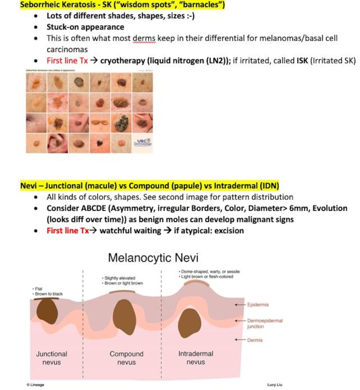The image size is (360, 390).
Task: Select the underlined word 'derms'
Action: pyautogui.click(x=144, y=39)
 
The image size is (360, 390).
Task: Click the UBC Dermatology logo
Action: pyautogui.click(x=143, y=142)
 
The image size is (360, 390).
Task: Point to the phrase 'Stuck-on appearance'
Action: pyautogui.click(x=85, y=27)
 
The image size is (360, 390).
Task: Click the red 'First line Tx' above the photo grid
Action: pyautogui.click(x=67, y=60)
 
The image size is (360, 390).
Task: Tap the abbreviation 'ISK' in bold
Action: pyautogui.click(x=302, y=60)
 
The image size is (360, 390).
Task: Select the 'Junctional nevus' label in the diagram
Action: pyautogui.click(x=52, y=357)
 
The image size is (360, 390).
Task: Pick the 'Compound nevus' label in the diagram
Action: pyautogui.click(x=126, y=357)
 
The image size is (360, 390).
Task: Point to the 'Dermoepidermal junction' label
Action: pyautogui.click(x=264, y=323)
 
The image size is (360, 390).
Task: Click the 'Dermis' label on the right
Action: pyautogui.click(x=255, y=340)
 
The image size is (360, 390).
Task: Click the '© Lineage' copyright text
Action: pyautogui.click(x=35, y=385)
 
